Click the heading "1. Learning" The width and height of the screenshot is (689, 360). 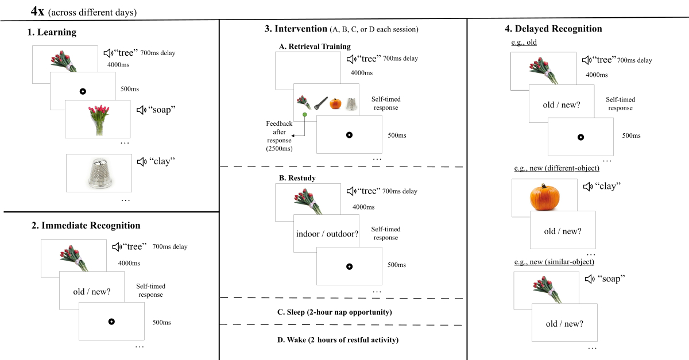tap(52, 32)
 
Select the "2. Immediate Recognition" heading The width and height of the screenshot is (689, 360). tap(86, 226)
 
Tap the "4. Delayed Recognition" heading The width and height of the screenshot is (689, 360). tap(553, 29)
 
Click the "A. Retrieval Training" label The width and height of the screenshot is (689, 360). tap(315, 47)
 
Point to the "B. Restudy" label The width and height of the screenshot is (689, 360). tap(297, 178)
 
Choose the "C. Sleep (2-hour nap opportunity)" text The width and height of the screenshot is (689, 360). tap(335, 312)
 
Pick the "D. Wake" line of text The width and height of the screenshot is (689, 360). tap(338, 340)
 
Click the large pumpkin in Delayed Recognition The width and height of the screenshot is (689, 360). tap(544, 198)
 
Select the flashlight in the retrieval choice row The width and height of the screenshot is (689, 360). tap(320, 103)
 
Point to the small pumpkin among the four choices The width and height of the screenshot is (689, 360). tap(335, 103)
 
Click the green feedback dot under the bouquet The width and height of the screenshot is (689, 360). tap(304, 115)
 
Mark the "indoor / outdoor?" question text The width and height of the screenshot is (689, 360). tap(327, 234)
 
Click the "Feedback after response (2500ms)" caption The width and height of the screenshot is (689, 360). tap(279, 136)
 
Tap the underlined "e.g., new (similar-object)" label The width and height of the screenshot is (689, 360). tap(554, 262)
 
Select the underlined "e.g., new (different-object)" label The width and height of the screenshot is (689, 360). tap(557, 168)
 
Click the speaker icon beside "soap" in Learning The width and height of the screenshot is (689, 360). tap(141, 110)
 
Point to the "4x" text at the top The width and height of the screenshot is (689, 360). tap(37, 11)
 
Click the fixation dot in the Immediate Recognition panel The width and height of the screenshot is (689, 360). tap(111, 322)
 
